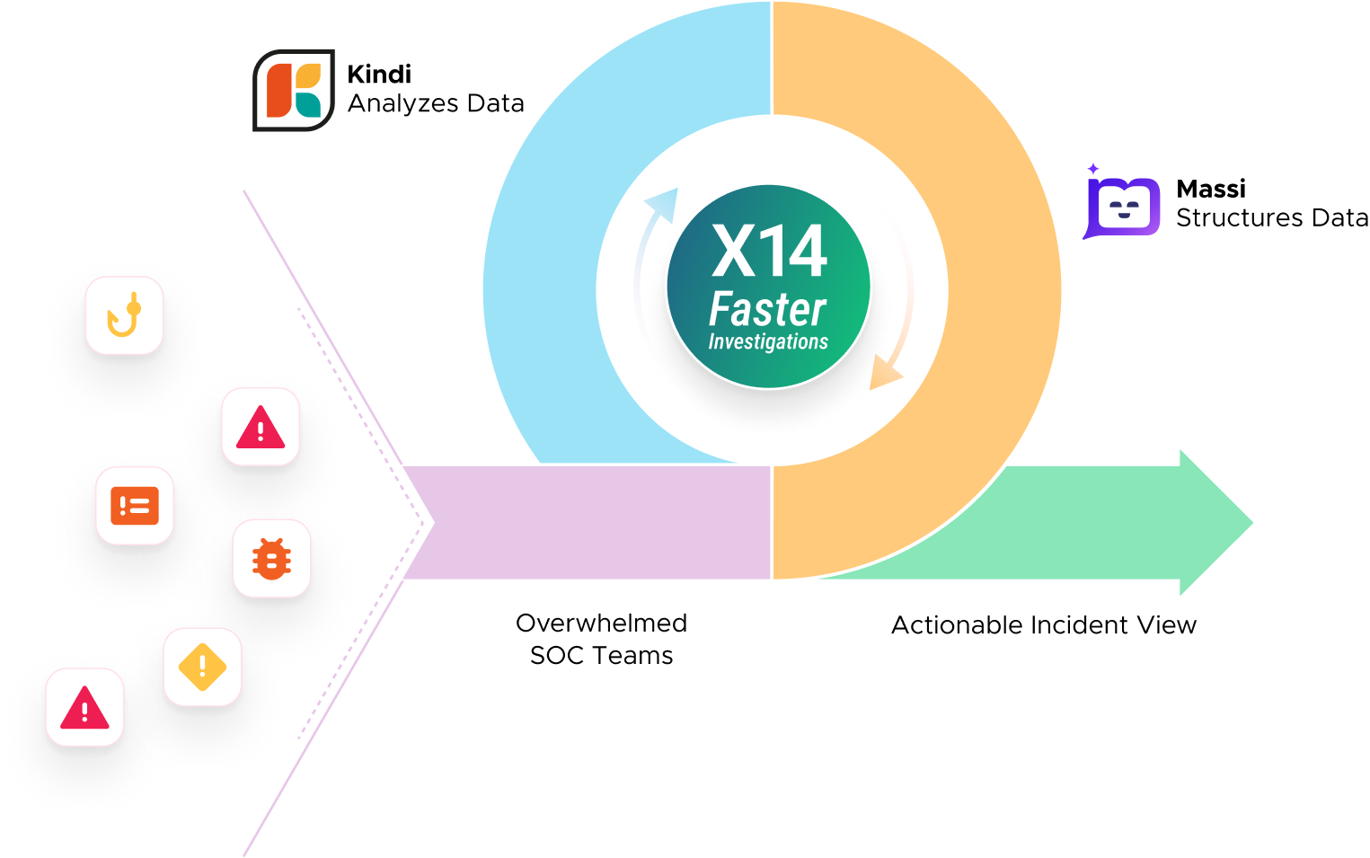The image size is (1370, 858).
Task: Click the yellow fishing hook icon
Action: pyautogui.click(x=124, y=315)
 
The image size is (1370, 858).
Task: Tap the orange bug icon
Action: pyautogui.click(x=271, y=559)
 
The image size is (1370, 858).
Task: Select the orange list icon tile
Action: pyautogui.click(x=135, y=506)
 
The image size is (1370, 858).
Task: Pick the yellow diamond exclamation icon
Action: pyautogui.click(x=202, y=667)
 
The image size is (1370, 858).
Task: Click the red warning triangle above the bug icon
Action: pyautogui.click(x=261, y=428)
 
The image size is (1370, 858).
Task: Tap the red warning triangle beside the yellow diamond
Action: pyautogui.click(x=84, y=708)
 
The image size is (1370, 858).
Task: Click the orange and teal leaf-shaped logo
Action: pyautogui.click(x=294, y=90)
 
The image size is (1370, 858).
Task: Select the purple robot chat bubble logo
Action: pyautogui.click(x=1123, y=208)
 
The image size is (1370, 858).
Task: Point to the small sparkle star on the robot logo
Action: pyautogui.click(x=1093, y=168)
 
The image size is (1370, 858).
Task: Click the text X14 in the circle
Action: pyautogui.click(x=769, y=252)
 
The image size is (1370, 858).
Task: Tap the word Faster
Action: pyautogui.click(x=767, y=310)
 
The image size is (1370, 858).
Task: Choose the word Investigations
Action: pyautogui.click(x=768, y=342)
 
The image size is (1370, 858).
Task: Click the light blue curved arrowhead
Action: pyautogui.click(x=664, y=204)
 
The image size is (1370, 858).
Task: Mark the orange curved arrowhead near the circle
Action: pyautogui.click(x=885, y=373)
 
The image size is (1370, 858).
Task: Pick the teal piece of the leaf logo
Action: pyautogui.click(x=308, y=106)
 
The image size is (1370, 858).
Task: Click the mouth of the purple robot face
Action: pyautogui.click(x=1124, y=216)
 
